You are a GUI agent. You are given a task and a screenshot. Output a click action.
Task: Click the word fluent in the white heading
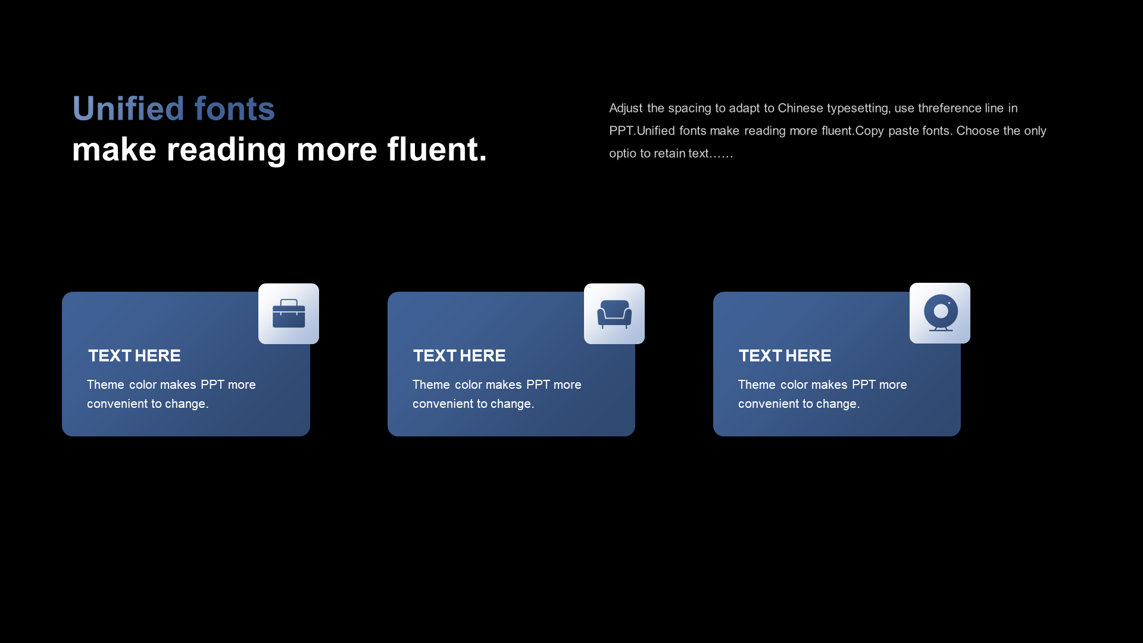point(433,149)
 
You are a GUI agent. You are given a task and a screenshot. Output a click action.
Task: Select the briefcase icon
point(289,313)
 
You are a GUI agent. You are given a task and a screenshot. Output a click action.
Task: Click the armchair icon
point(614,314)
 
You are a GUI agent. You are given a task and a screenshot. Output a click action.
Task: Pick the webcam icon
point(941,313)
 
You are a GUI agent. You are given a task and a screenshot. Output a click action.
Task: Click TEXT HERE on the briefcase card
point(135,355)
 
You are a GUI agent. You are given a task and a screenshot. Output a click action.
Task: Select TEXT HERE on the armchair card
point(460,355)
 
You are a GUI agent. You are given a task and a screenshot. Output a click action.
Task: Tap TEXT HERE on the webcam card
point(785,355)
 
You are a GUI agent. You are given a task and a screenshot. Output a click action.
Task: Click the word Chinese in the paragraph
point(800,108)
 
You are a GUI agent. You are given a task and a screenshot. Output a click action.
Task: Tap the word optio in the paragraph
point(623,154)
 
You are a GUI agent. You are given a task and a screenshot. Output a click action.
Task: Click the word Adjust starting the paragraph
point(626,108)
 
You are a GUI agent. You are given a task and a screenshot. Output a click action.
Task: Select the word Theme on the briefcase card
point(105,385)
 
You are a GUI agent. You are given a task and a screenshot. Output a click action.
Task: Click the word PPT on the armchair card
point(538,385)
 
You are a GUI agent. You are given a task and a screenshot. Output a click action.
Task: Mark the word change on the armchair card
point(511,404)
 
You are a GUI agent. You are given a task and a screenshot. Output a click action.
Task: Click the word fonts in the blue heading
point(235,108)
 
